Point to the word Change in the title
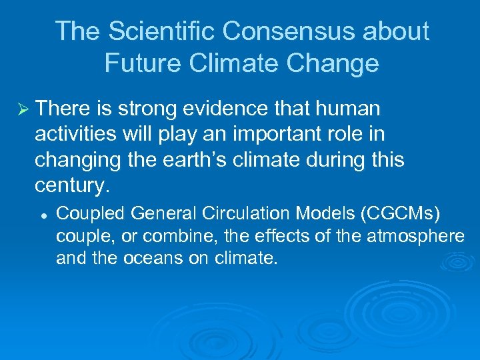334,63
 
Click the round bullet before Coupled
42,217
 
